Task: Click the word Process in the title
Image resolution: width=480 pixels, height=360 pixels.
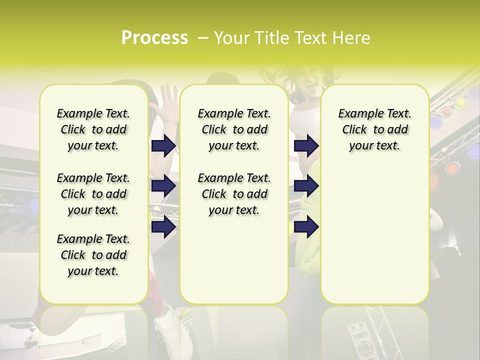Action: pos(154,38)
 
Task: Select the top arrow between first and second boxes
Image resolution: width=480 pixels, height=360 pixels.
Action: pos(163,145)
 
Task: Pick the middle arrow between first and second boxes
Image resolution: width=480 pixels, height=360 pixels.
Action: pos(163,186)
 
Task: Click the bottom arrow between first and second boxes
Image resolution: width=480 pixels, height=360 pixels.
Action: pos(163,227)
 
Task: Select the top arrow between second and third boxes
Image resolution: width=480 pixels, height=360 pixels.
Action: pos(306,145)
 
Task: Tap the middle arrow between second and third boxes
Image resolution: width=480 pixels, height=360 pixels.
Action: pos(306,186)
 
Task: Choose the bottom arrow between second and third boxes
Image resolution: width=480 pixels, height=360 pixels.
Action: pos(306,227)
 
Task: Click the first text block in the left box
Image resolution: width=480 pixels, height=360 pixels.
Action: pos(93,129)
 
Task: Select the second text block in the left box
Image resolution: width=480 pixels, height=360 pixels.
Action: pos(93,194)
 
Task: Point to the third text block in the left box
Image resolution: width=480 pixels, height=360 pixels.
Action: pos(93,255)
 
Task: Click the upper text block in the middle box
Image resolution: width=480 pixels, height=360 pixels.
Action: pos(234,129)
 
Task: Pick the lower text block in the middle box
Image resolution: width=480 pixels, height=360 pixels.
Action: pos(234,194)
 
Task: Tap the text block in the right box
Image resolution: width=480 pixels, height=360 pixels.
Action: pos(375,129)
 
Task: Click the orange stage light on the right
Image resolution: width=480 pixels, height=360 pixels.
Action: pos(452,168)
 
